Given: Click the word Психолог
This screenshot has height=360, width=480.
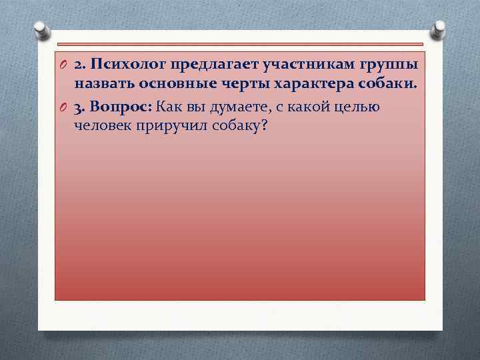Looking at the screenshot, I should pos(128,65).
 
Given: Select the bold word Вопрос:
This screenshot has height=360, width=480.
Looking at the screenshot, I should pos(119,107).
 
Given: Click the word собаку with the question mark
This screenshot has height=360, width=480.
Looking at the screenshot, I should pos(236,127).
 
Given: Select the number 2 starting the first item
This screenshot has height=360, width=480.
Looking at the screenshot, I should pos(79,65).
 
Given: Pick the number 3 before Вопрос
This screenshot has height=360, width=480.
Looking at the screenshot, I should pos(79,107).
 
